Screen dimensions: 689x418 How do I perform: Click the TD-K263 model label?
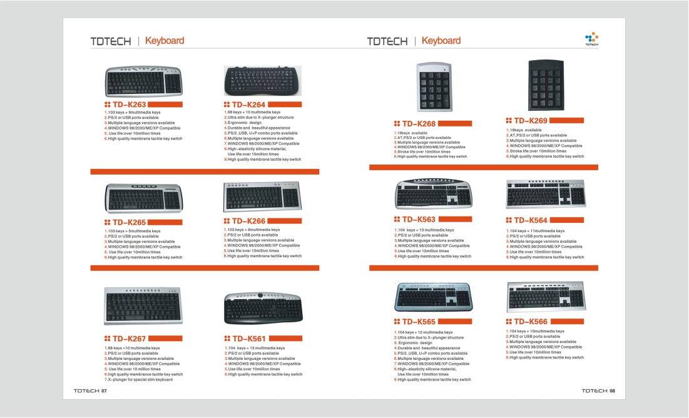point(129,104)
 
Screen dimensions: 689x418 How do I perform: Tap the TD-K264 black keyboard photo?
point(263,81)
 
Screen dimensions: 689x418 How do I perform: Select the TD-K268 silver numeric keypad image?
point(434,86)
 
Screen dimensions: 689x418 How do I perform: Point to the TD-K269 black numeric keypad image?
point(546,85)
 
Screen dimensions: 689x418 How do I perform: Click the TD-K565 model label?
point(419,322)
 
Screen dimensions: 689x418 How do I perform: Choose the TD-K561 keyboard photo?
point(263,307)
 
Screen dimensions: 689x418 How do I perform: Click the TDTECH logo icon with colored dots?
point(591,39)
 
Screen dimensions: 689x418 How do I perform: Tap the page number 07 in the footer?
point(104,390)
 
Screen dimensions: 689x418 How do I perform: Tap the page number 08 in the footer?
point(612,390)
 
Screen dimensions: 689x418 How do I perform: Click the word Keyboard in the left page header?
point(165,41)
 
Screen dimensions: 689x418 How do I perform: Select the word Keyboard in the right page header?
point(441,41)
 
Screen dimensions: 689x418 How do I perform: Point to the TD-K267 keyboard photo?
point(143,306)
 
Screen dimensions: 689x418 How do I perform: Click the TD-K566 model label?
point(531,322)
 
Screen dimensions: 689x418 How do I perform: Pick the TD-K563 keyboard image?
point(434,194)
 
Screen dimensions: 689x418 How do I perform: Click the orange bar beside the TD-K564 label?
point(567,220)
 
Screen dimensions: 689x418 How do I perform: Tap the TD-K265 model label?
point(129,222)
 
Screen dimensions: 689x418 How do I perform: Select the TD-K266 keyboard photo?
point(263,196)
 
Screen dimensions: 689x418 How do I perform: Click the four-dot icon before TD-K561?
point(227,339)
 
